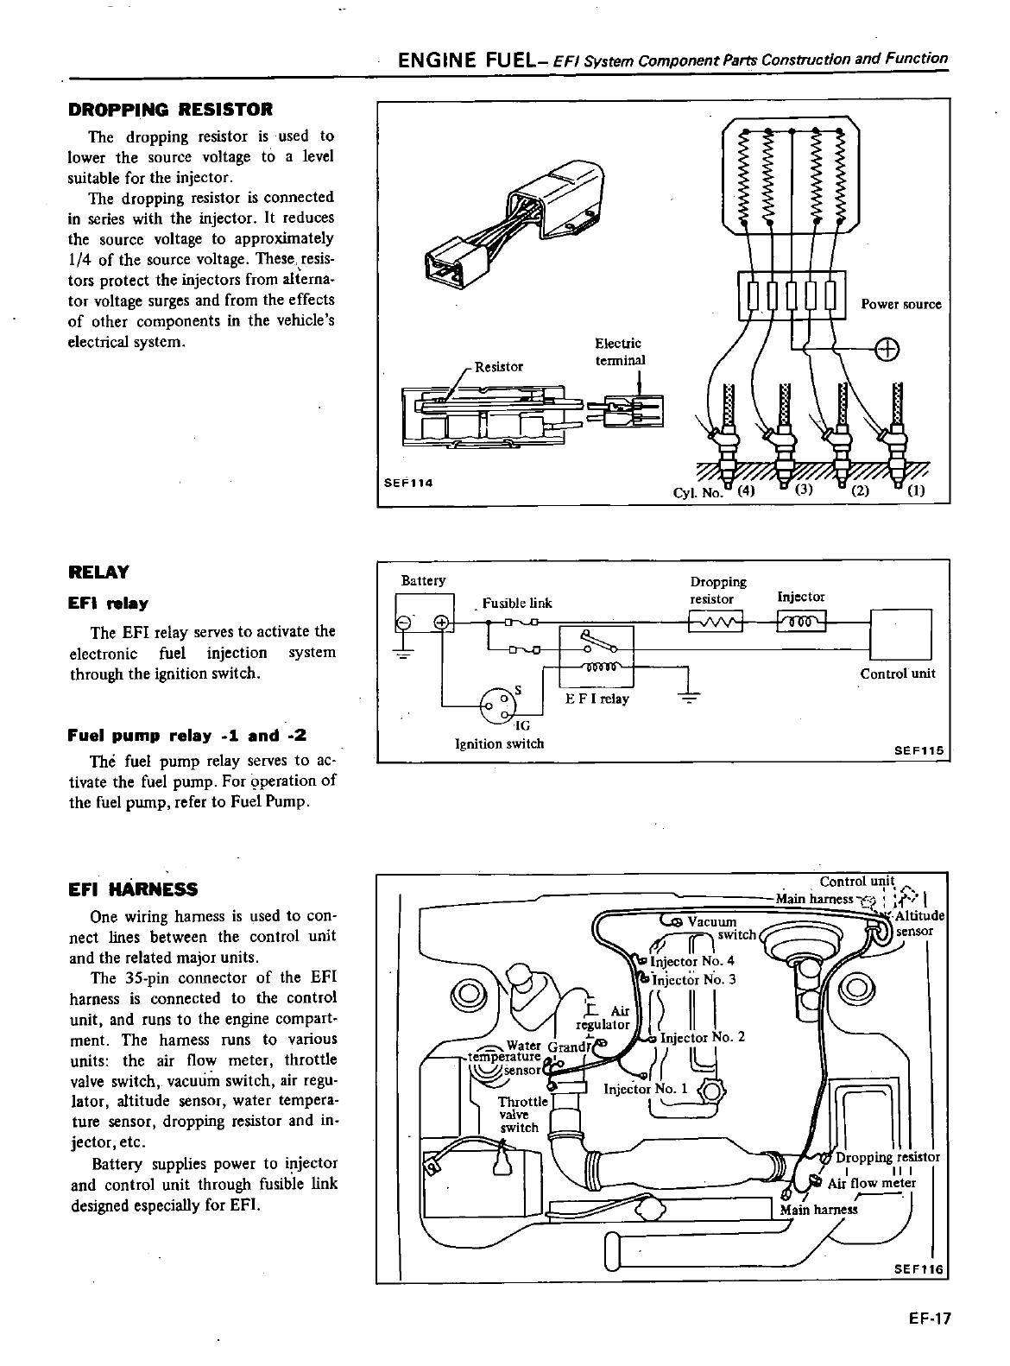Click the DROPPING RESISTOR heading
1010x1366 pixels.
tap(170, 110)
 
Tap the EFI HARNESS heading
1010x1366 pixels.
tap(133, 889)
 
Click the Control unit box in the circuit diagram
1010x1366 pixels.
tap(902, 635)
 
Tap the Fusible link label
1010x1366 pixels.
tap(517, 603)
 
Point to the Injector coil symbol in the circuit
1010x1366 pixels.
tap(802, 621)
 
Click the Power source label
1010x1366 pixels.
tap(900, 304)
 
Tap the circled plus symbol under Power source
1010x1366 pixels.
tap(887, 350)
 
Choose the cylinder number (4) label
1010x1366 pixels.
tap(745, 492)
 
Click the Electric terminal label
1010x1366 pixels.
tap(620, 351)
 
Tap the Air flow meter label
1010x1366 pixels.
tap(872, 1183)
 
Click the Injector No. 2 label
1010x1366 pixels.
tap(702, 1037)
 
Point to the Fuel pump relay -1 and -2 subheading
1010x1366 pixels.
tap(186, 736)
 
